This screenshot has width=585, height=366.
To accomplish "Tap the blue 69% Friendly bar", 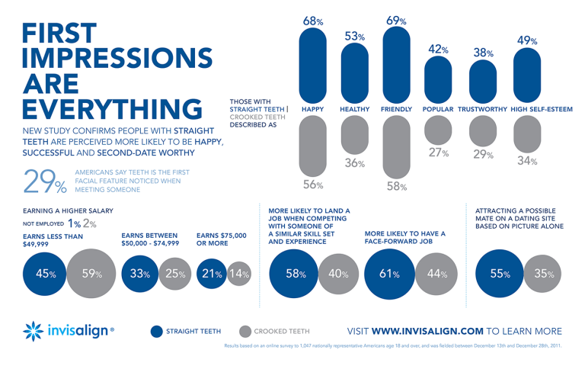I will click(x=396, y=65).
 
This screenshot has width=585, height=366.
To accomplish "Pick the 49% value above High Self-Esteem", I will click(x=527, y=40).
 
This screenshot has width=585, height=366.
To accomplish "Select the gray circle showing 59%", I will click(x=91, y=273).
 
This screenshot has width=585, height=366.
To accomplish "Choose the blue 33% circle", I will click(x=139, y=273).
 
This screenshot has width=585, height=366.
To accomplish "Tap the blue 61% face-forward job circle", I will click(x=388, y=273).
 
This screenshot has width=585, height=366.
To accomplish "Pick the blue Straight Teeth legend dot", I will click(x=157, y=331).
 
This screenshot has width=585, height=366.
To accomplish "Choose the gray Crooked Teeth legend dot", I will click(x=245, y=331).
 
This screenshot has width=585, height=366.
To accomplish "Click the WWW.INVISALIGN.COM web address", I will click(x=438, y=331).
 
